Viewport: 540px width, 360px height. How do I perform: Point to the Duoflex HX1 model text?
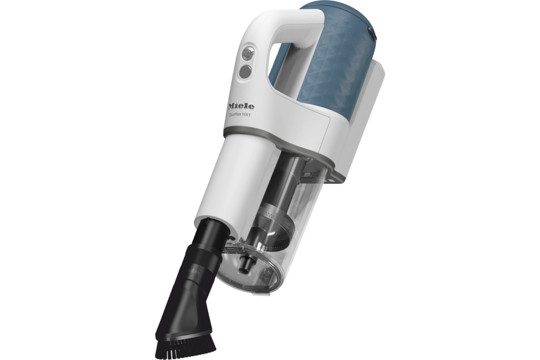pos(240,115)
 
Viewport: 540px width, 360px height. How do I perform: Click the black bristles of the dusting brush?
pos(186,346)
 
